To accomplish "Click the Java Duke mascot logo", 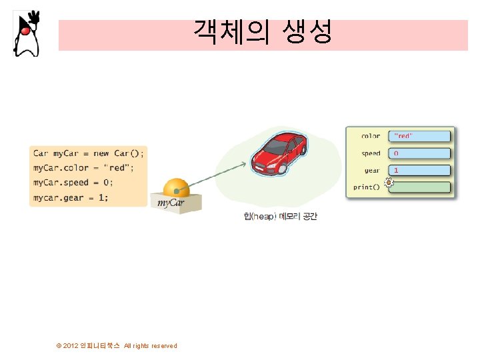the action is point(27,33).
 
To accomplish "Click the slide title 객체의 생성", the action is point(263,31).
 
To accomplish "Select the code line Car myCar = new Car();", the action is point(88,153).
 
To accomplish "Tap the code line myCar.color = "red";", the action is point(79,167).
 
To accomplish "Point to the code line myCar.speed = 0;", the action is point(73,183).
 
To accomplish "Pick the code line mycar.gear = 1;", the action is point(71,197).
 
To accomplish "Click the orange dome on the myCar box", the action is point(177,188).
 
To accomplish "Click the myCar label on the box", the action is point(171,203).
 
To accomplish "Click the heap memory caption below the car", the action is point(280,217).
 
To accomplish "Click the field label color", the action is point(371,136).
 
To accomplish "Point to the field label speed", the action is point(371,153).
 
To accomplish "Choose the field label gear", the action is point(372,170).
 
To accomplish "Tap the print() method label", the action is point(367,187).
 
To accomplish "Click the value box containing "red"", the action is point(420,136).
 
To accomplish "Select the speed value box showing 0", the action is point(420,153).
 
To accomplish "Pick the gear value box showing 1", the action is point(420,170).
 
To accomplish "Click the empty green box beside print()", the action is point(420,187).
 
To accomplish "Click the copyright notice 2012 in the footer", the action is point(117,345).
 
